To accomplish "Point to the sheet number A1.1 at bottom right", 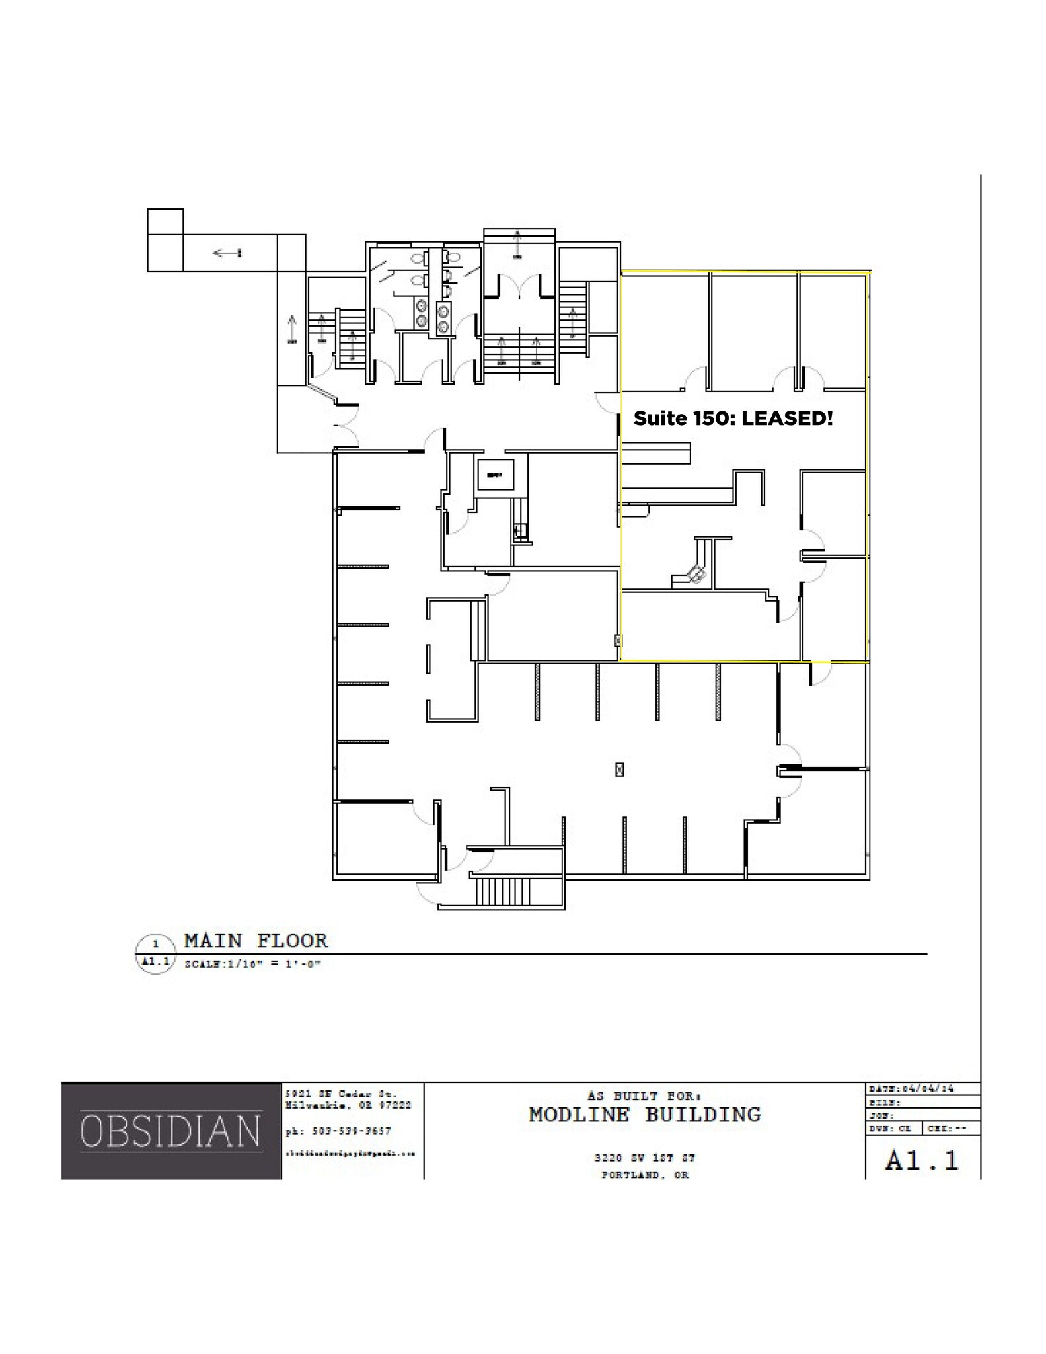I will tap(922, 1161).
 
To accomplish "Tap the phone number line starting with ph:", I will tap(338, 1131).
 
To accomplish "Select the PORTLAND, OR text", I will tap(644, 1175).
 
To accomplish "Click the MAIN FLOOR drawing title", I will tap(256, 940).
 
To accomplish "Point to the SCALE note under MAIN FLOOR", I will tap(252, 964).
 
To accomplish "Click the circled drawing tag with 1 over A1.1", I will tap(156, 953).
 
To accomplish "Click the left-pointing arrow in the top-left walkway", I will tap(227, 253).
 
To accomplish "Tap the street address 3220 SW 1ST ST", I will tap(644, 1158).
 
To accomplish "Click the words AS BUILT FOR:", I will tap(644, 1095).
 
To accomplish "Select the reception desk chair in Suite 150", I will tap(696, 574).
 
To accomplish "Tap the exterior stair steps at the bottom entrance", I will tap(502, 891).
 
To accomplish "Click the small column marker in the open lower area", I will tap(619, 769).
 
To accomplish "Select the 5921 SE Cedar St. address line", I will tap(341, 1094).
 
